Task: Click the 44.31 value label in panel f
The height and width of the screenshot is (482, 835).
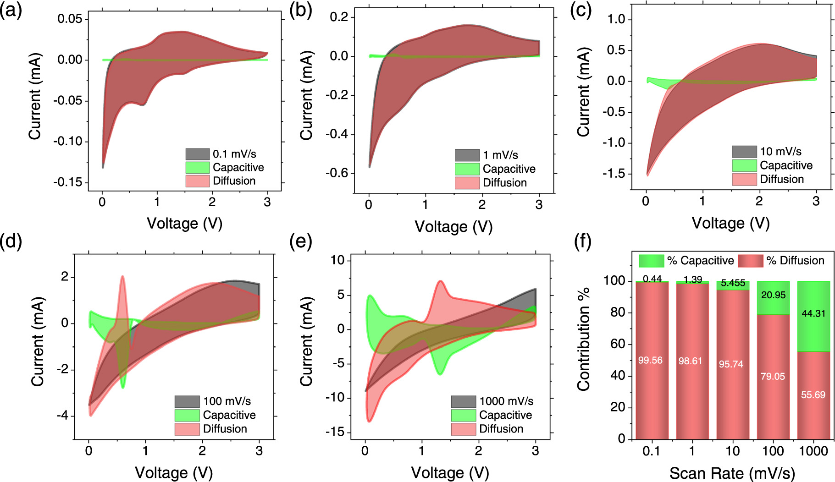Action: click(813, 314)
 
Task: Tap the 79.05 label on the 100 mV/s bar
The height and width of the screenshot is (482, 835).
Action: click(773, 377)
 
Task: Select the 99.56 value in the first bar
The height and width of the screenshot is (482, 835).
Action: click(650, 361)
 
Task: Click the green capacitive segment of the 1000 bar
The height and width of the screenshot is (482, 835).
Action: click(813, 330)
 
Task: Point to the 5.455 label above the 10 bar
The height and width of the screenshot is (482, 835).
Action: click(733, 283)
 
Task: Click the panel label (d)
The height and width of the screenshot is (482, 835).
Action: click(11, 241)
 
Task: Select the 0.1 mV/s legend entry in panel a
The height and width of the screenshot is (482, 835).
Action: click(234, 154)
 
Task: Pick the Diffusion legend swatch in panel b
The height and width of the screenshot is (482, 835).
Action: click(467, 183)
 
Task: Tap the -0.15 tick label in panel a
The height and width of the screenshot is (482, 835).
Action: click(70, 182)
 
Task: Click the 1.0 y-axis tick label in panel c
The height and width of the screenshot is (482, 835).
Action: click(616, 19)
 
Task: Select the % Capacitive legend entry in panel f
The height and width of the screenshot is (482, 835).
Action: click(700, 261)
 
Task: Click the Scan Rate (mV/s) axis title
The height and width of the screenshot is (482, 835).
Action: click(732, 473)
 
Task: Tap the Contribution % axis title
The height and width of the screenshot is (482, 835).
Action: click(584, 339)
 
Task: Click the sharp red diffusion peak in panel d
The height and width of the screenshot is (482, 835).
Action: click(122, 278)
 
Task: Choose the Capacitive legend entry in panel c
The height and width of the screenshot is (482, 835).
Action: click(785, 165)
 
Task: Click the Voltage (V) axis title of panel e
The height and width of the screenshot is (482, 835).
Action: click(450, 473)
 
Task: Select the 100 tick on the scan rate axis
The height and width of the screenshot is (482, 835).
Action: click(773, 451)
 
